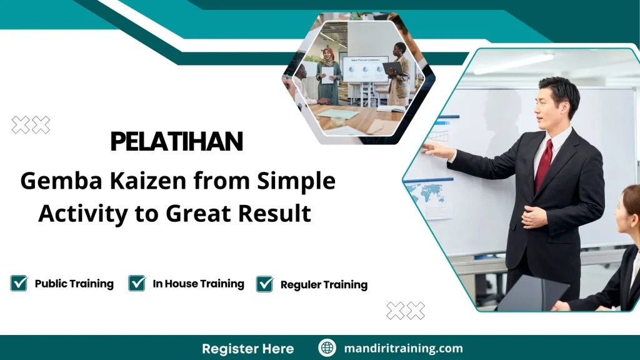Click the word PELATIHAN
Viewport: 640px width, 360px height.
(176, 142)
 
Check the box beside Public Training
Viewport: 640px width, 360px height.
(19, 283)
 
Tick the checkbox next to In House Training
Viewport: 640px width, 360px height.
(137, 283)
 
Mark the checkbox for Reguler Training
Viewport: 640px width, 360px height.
(265, 284)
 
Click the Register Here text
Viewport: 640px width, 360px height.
(247, 348)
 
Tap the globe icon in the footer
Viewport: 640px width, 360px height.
(327, 348)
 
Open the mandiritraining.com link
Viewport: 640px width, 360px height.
(403, 348)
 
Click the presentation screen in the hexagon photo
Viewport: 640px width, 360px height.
(364, 69)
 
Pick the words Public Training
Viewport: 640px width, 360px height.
(74, 284)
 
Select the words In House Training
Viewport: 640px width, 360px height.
(198, 284)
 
